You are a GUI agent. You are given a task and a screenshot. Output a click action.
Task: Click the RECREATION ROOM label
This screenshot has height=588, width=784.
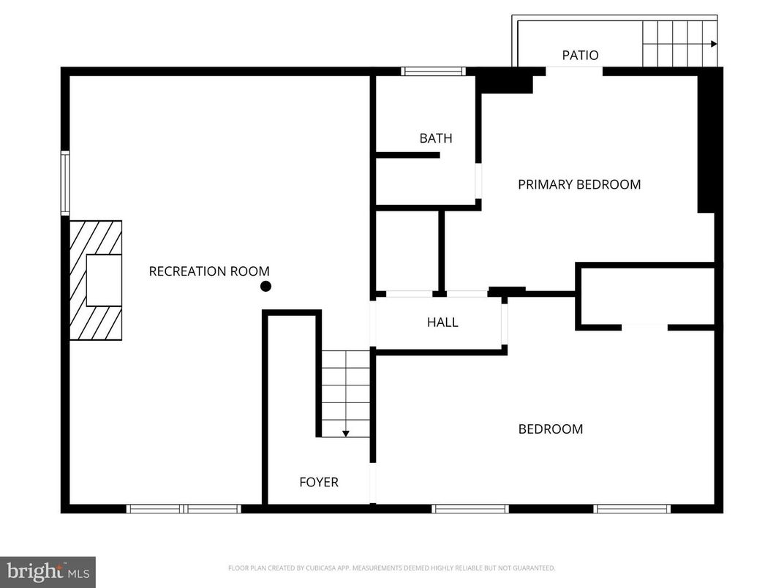[x=209, y=271]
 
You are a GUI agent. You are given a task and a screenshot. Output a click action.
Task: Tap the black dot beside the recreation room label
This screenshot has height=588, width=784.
[x=266, y=286]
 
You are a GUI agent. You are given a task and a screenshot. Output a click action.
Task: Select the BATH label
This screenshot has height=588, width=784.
[x=436, y=138]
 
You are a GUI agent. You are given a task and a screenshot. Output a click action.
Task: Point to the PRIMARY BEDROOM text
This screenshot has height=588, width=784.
[x=579, y=184]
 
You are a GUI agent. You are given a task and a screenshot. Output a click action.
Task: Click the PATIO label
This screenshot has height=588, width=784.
[x=580, y=55]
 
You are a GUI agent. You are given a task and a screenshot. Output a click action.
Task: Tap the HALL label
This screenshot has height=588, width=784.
[x=442, y=322]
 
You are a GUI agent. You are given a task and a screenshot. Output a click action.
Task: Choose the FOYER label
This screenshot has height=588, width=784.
[x=319, y=482]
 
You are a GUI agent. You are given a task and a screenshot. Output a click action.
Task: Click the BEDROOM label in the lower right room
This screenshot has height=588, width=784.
[x=551, y=429]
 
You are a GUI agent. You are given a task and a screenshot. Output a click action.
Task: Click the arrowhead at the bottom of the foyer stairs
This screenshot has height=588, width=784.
[x=346, y=434]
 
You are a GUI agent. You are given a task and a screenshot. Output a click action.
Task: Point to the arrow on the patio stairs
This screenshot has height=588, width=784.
[x=712, y=44]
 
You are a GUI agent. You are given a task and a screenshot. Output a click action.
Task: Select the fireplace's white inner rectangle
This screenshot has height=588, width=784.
[x=103, y=280]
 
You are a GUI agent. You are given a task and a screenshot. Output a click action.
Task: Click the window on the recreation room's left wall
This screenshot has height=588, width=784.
[x=65, y=183]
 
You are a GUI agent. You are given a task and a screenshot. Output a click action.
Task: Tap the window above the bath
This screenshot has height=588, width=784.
[x=433, y=71]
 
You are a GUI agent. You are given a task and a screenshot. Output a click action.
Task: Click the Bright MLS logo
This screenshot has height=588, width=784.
[x=48, y=571]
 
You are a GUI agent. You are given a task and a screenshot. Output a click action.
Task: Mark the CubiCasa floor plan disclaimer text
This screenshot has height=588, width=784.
[x=391, y=568]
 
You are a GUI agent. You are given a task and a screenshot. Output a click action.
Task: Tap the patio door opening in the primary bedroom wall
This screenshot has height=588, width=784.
[x=574, y=71]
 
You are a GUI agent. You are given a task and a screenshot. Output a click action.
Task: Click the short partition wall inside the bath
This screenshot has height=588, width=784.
[x=407, y=155]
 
